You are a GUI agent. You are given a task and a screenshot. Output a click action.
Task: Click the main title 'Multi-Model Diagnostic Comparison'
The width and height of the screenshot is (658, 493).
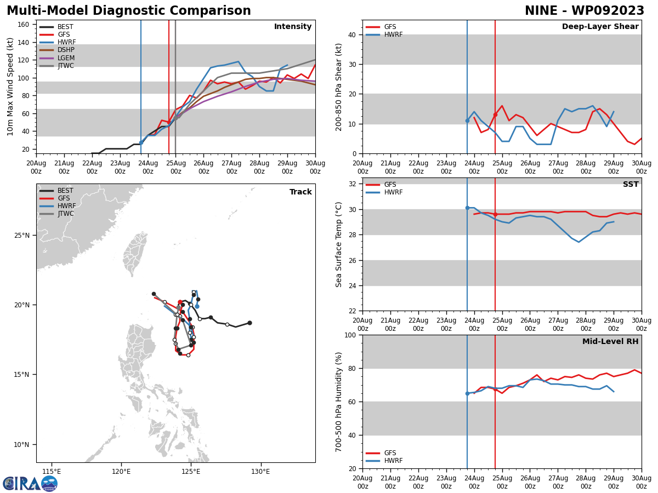point(128,11)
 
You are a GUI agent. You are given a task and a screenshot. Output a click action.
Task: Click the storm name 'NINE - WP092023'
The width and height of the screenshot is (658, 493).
point(584,11)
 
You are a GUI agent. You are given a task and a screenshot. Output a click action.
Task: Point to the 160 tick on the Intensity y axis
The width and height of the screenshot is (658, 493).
point(24,25)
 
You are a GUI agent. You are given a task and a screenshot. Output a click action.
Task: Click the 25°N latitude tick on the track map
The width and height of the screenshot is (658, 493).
point(22,236)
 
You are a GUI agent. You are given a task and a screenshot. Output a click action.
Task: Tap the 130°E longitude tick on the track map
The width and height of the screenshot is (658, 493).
point(260,471)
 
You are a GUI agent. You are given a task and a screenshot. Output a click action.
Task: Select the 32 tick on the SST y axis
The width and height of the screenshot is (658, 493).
point(353,184)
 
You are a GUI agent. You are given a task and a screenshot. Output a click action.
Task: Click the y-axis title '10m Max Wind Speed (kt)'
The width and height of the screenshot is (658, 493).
point(10,87)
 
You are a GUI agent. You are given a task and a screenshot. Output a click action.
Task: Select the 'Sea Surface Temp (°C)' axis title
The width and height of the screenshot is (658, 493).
point(339,244)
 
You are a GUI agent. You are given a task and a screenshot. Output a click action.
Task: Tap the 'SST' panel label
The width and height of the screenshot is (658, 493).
point(631,185)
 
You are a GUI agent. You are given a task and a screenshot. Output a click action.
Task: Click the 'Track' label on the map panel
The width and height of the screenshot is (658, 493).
point(300,192)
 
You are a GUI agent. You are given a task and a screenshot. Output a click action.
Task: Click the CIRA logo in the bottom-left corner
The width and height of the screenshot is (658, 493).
point(30,484)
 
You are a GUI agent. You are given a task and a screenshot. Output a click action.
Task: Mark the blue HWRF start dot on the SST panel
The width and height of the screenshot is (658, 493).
point(467,208)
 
